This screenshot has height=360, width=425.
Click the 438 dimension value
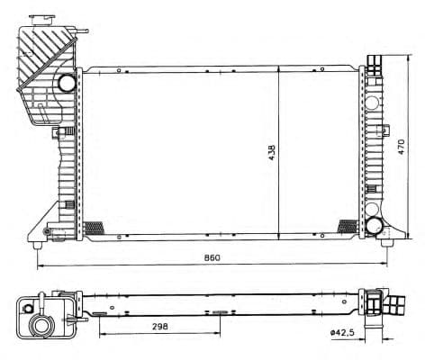[x=271, y=152]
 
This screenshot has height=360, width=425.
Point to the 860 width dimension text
[x=212, y=258]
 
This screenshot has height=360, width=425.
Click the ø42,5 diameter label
[x=344, y=334]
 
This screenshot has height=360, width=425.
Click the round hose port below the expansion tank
[x=67, y=84]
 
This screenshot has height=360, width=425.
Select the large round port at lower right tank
[x=374, y=225]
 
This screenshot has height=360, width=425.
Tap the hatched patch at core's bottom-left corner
[x=94, y=226]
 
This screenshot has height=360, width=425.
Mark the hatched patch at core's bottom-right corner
[x=346, y=226]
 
